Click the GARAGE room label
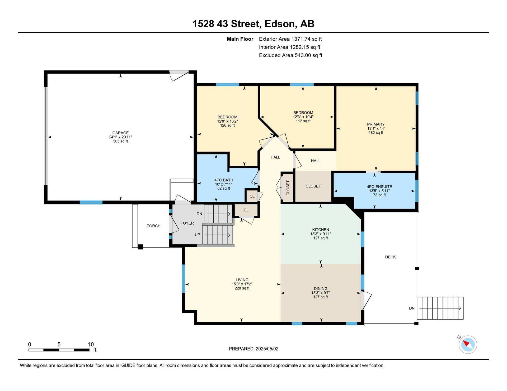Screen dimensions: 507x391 coord(120,133)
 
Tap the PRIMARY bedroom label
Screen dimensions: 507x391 coord(376,124)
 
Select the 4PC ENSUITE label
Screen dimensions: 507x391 coord(379,187)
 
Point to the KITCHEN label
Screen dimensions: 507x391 coord(321,230)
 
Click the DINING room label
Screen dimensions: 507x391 coord(321,289)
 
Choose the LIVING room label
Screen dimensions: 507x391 coord(242,280)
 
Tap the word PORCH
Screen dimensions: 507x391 coord(153,226)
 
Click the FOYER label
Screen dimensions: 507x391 coord(187,223)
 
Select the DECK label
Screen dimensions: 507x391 coord(390,257)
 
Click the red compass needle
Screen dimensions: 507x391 coord(466,343)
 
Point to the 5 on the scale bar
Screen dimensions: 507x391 coord(59,344)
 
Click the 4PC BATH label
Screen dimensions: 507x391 coord(224,180)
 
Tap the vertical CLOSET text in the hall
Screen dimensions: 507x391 coord(288,188)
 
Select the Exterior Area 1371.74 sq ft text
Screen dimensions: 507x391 coord(290,39)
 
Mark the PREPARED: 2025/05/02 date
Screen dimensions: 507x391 coord(253,349)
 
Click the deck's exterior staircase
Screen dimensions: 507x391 coord(440,308)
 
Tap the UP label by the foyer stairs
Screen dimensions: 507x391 coord(197,235)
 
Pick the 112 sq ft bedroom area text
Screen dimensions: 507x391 coord(303,121)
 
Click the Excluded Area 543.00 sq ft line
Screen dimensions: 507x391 coord(290,55)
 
